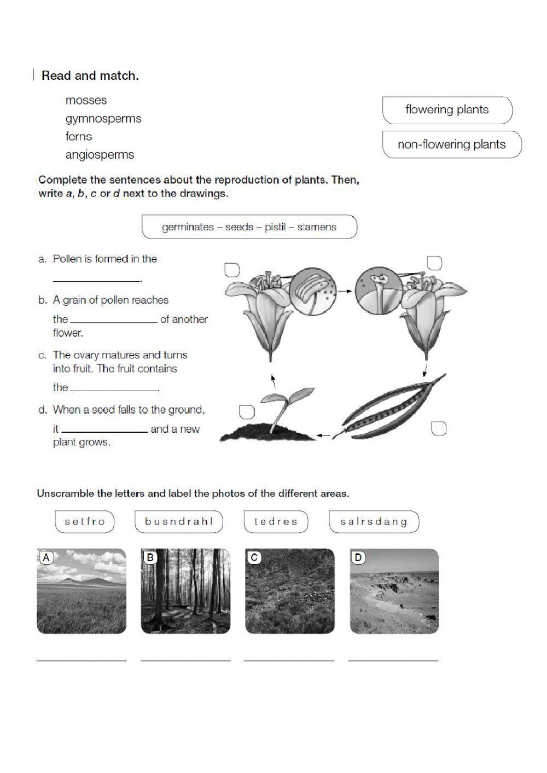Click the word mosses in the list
(x=86, y=100)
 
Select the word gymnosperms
(x=103, y=118)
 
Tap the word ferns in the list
(x=79, y=136)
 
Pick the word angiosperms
(x=100, y=154)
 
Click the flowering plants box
(x=447, y=110)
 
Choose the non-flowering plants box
(x=451, y=144)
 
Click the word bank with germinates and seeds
(x=249, y=227)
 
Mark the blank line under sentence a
(x=97, y=278)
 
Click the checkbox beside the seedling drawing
(x=247, y=411)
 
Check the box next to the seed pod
(x=439, y=428)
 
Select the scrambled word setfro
(x=85, y=521)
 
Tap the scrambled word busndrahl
(x=179, y=521)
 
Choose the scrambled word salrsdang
(x=374, y=521)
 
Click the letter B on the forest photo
(x=150, y=557)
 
